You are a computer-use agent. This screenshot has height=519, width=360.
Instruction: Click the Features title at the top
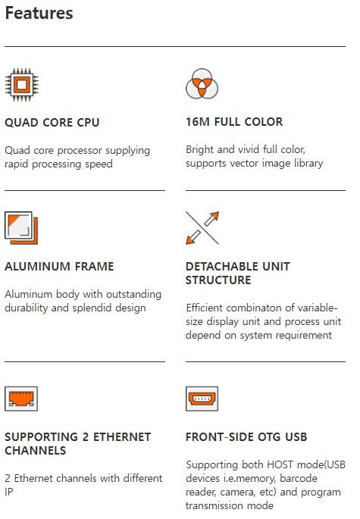39,13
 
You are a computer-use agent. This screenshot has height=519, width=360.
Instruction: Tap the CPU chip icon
21,85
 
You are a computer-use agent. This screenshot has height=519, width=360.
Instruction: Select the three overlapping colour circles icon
202,84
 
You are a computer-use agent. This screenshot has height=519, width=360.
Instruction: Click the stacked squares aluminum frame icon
21,228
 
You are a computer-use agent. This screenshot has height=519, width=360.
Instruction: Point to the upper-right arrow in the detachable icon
212,218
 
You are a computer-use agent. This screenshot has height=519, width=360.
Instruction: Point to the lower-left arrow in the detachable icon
193,237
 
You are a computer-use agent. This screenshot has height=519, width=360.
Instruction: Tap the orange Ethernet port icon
21,399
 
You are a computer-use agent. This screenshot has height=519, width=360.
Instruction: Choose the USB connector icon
202,399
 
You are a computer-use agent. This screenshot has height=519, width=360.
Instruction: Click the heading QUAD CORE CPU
52,123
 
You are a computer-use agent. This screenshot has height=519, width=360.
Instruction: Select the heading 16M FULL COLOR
234,122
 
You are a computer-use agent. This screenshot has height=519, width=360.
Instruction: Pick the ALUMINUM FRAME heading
59,267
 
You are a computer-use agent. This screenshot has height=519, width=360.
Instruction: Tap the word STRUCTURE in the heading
218,280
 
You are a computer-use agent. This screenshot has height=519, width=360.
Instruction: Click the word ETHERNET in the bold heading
122,437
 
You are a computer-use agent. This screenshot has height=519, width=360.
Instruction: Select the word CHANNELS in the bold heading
36,451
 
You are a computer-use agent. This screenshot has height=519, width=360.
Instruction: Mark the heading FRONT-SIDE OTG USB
246,437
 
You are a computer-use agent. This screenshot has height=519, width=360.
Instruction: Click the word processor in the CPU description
80,151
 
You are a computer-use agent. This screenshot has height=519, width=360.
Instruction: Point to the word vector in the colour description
243,163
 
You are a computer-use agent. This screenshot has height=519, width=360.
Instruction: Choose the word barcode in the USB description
299,478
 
